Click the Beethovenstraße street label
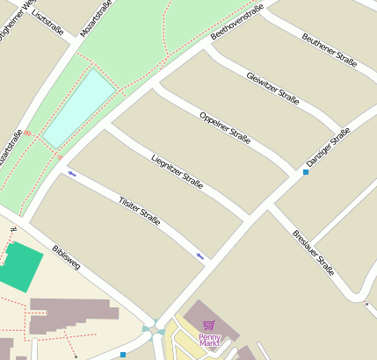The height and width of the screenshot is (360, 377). pos(237,22)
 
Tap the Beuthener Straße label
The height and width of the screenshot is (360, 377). pos(329,50)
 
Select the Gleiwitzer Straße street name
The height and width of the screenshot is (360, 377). pos(272,88)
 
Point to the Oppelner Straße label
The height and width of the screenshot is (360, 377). pos(225,127)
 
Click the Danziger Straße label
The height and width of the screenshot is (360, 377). pos(328,148)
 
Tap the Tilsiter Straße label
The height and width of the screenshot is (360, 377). pos(139,214)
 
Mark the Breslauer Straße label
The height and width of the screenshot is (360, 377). pos(314,253)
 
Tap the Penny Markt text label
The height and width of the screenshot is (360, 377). pos(209,340)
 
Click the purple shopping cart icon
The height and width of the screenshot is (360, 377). pos(209,326)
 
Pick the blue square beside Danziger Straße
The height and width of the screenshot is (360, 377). pos(306,171)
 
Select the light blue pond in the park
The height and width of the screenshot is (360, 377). pos(79,107)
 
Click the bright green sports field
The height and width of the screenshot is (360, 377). pos(19,267)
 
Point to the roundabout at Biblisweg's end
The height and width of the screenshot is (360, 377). pos(156,328)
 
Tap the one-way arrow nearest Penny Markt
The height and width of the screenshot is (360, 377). pos(201,256)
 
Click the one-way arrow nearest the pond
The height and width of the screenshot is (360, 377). pos(71,173)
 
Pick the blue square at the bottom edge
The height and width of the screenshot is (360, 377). pos(123,355)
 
